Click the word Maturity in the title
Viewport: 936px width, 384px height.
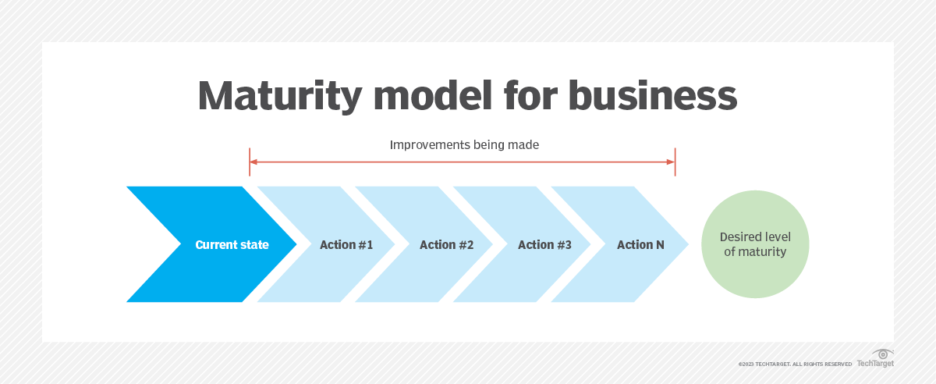coord(280,97)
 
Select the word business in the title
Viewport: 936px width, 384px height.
coord(652,96)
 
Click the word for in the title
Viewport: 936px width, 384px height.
coord(530,96)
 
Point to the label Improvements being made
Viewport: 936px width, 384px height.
coord(464,144)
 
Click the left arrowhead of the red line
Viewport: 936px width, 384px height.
coord(253,162)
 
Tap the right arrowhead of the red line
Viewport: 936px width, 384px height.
coord(671,162)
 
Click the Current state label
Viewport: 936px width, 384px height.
coord(232,245)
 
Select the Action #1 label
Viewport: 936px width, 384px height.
coord(346,245)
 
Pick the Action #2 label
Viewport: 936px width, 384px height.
coord(447,245)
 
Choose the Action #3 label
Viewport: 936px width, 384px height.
coord(545,245)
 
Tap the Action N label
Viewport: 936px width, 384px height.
coord(640,245)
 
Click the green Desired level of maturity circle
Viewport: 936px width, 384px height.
coord(755,244)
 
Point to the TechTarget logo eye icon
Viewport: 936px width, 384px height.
coord(882,354)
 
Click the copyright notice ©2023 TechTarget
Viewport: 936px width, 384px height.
coord(795,364)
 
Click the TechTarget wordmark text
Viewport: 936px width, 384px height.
coord(875,364)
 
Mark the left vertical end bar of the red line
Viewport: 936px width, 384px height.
coord(250,162)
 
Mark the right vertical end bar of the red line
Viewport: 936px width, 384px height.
coord(675,162)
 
